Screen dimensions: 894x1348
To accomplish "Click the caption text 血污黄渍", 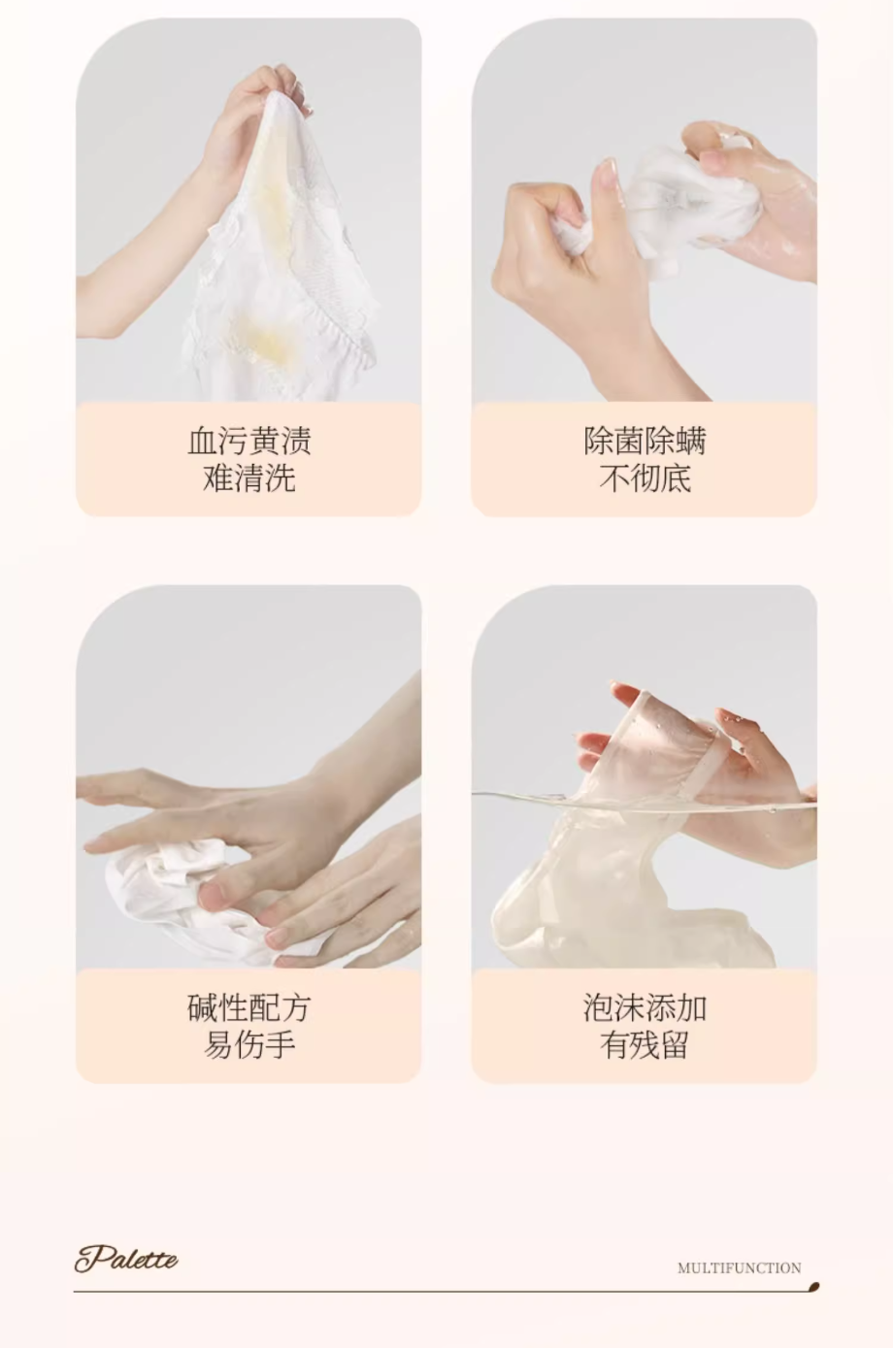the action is tap(248, 441).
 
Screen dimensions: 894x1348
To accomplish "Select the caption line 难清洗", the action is tap(248, 479).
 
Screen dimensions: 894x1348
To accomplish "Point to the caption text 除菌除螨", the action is tap(645, 441).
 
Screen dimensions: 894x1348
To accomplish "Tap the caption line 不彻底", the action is tap(645, 479).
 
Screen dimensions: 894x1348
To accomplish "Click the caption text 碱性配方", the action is tap(248, 1008).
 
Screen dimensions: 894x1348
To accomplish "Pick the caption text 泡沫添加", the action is tap(645, 1008).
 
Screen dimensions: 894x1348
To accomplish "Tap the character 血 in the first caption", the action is tap(202, 441).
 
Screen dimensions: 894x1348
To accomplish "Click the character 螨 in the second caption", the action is tap(691, 441).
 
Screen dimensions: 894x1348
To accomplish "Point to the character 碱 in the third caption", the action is tap(202, 1008).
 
